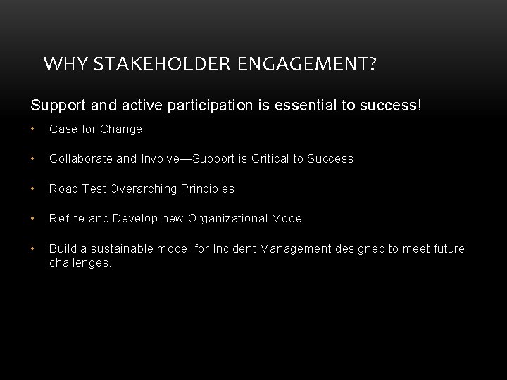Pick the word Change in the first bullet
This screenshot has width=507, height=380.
[x=121, y=129]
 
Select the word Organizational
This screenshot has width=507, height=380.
[x=229, y=218]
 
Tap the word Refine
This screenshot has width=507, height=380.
[x=67, y=218]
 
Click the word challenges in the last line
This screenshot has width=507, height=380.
[x=80, y=262]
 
